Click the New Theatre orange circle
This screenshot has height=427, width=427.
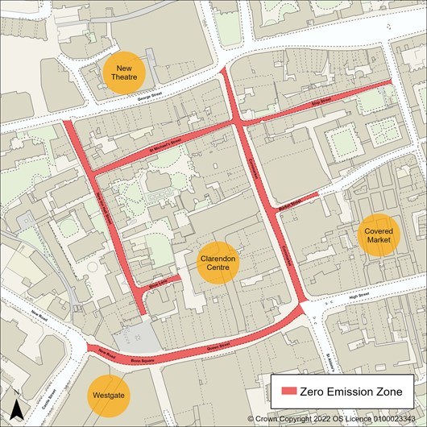pos(124,73)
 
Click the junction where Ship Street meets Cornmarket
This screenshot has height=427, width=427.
pos(238,122)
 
